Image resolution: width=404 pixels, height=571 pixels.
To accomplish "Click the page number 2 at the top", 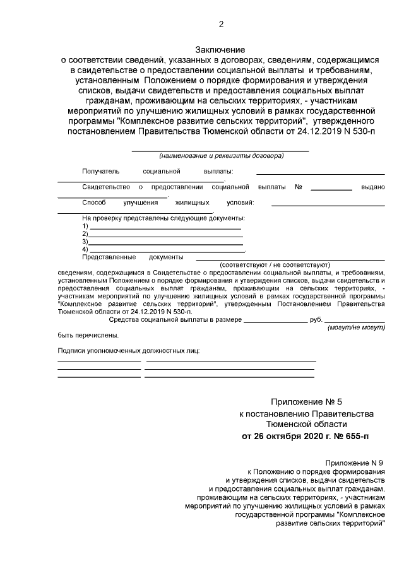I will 220,25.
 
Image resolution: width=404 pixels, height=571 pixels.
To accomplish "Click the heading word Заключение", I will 220,49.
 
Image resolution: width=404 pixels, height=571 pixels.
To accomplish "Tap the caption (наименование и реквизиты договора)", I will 221,155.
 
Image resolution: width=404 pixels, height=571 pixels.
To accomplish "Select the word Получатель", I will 100,171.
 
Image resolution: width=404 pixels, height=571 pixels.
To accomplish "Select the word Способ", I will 94,203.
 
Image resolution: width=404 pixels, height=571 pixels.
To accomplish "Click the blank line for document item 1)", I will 165,228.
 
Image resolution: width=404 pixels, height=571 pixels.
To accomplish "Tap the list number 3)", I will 85,241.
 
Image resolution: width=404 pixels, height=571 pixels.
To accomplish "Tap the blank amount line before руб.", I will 275,322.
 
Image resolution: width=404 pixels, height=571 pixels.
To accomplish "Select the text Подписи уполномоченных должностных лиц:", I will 128,350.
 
